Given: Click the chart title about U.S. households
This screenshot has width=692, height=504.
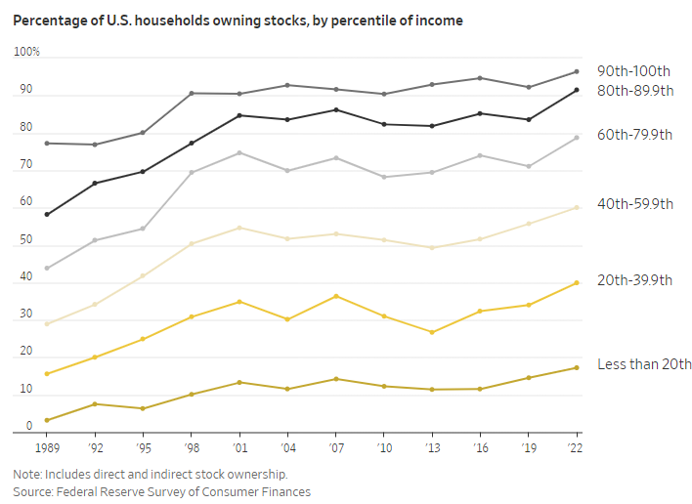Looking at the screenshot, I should click(x=238, y=20).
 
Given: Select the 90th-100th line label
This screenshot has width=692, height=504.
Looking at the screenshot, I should click(x=634, y=71).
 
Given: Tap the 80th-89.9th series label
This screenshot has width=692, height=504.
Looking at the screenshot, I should click(x=636, y=90).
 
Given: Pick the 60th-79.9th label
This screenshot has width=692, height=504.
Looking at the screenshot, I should click(x=635, y=136).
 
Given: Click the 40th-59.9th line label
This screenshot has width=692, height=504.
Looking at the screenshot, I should click(x=635, y=204).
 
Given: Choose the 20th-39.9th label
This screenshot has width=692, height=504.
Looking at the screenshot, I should click(x=635, y=280).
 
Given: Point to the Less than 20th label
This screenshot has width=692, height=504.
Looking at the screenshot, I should click(x=645, y=364).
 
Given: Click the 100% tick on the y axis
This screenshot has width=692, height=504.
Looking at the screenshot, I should click(x=27, y=52).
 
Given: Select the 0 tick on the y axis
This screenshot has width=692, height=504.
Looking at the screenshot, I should click(x=18, y=427).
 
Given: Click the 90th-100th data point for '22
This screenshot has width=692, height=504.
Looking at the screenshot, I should click(x=577, y=71).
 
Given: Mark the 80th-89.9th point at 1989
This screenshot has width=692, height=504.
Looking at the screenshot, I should click(x=47, y=214).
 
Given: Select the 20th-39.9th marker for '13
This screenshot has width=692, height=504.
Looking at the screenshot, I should click(x=432, y=332).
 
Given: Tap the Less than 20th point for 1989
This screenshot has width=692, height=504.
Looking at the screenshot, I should click(x=47, y=420).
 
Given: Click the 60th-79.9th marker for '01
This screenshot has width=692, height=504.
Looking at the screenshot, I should click(x=239, y=153).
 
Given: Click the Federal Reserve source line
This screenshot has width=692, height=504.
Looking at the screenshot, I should click(x=162, y=491).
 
